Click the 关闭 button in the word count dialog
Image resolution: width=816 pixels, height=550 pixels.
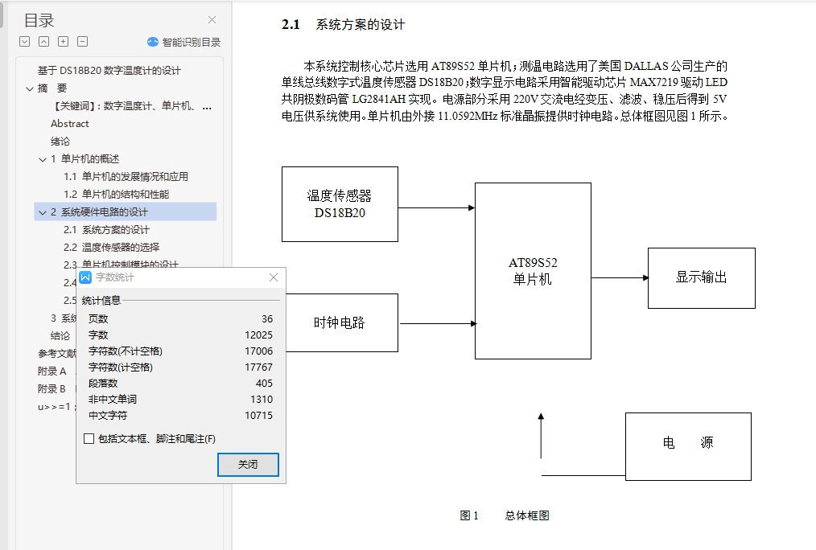(248, 465)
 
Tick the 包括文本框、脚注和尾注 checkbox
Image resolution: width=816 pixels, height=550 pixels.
(89, 439)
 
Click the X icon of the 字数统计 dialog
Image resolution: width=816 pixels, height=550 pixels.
(274, 277)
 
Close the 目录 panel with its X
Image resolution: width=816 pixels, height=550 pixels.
(212, 20)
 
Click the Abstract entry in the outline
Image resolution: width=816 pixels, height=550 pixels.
(70, 124)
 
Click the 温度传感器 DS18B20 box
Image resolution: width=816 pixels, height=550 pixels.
(340, 204)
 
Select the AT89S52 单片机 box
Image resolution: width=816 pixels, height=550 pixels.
(533, 271)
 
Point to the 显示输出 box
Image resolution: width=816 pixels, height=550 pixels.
(701, 278)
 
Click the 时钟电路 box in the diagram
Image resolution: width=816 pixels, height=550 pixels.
(340, 323)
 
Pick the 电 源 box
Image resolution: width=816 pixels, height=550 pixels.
(688, 446)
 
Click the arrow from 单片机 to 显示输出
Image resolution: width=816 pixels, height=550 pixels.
(620, 278)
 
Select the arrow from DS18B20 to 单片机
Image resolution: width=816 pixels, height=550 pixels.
(436, 207)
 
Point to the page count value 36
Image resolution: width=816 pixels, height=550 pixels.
(267, 319)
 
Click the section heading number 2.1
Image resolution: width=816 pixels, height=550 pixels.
(291, 25)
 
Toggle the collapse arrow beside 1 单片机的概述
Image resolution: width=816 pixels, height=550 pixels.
(43, 159)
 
